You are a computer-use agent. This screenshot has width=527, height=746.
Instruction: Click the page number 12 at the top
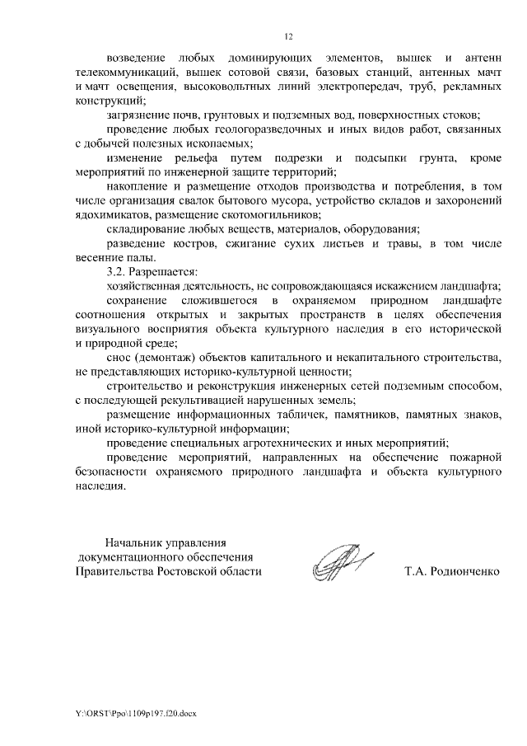click(x=288, y=36)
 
